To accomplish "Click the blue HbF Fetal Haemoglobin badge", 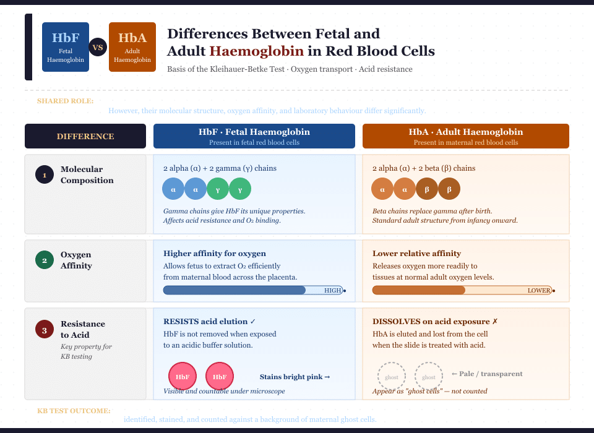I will click(x=66, y=47).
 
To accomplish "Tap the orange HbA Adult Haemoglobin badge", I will click(x=132, y=47).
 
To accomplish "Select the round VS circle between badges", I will click(x=98, y=47).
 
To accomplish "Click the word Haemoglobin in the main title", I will click(x=257, y=51).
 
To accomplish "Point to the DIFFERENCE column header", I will click(x=85, y=136).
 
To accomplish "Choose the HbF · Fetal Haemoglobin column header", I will click(x=254, y=136).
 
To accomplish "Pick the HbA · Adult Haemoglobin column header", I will click(x=465, y=136).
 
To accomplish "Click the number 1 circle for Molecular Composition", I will click(x=45, y=175).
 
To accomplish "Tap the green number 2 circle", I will click(x=45, y=260).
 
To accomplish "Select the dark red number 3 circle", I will click(x=45, y=330).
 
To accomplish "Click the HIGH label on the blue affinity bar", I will click(x=333, y=291).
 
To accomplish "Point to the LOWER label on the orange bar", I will click(x=539, y=291).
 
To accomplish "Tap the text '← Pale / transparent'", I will click(x=487, y=374).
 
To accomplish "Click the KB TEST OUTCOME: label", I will click(x=74, y=411).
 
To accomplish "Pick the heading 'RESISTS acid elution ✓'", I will click(x=210, y=322).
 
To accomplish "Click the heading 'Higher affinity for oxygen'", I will click(x=215, y=254).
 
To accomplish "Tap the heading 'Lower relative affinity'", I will click(x=416, y=254).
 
